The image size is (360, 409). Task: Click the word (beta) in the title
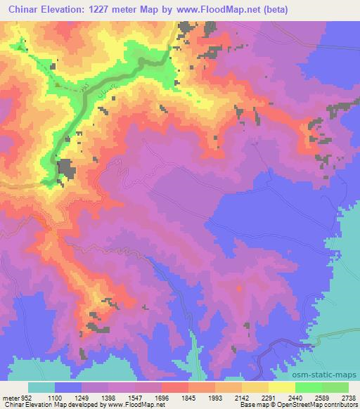pos(279,8)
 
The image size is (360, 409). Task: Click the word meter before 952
pos(10,397)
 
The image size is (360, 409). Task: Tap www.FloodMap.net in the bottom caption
pos(141,405)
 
